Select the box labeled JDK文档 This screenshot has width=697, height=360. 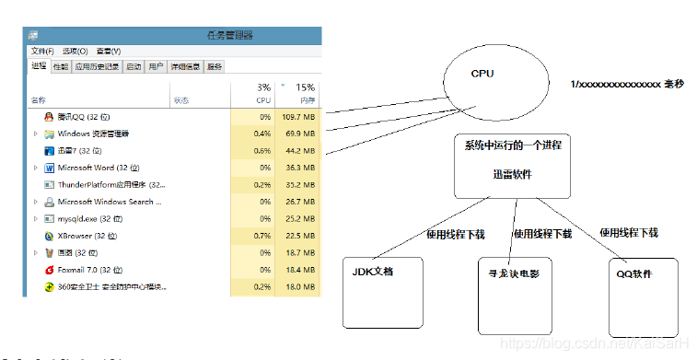[382, 293]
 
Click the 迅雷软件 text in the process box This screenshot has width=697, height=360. [511, 174]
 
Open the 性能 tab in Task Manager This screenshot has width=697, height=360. [61, 66]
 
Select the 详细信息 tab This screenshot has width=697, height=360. [185, 66]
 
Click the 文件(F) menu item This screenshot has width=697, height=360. [42, 52]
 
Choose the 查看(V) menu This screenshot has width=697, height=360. [109, 52]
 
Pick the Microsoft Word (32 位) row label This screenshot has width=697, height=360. [98, 168]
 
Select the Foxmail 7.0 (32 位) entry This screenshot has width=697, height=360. [90, 270]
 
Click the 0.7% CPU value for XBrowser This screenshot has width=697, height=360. [262, 236]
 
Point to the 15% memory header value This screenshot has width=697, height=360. [306, 87]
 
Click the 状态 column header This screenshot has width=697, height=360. [181, 100]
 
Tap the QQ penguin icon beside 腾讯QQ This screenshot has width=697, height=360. [49, 117]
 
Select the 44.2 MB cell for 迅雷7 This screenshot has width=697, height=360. [300, 151]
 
